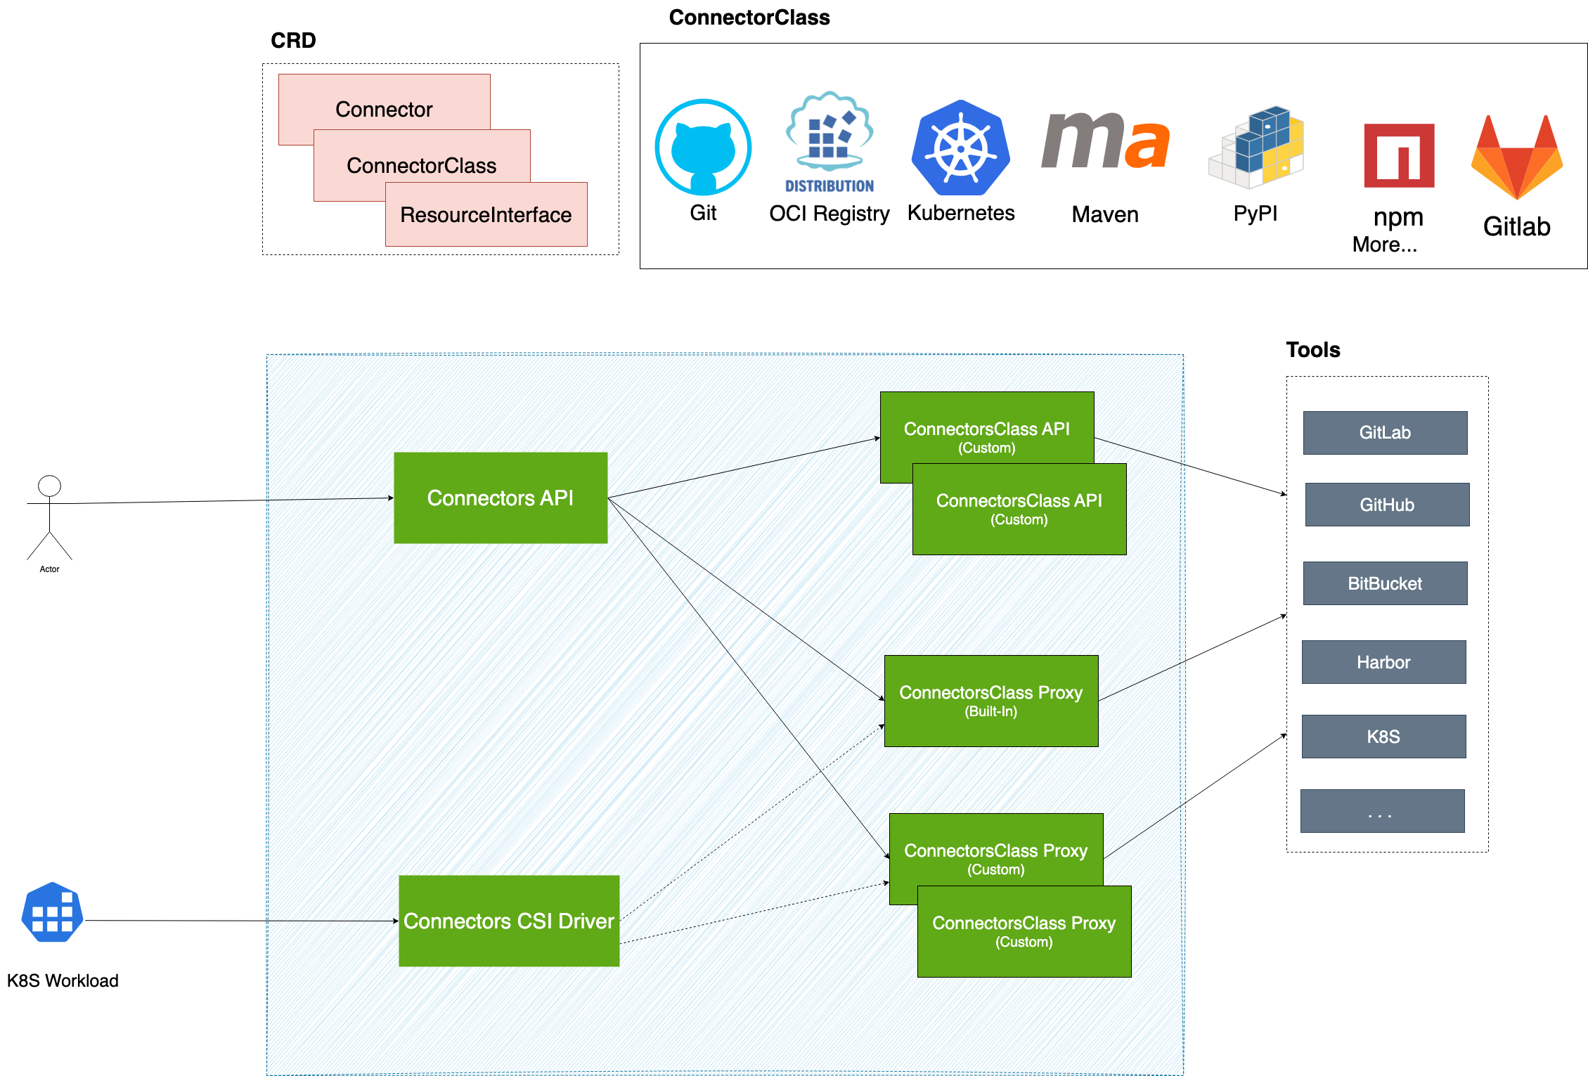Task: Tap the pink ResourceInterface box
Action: pos(486,214)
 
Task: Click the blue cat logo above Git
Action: pos(703,147)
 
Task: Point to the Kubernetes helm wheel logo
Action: pos(960,148)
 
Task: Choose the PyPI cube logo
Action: pos(1256,148)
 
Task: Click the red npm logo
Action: pos(1399,155)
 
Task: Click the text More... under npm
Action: pos(1384,245)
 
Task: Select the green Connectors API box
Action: pos(501,498)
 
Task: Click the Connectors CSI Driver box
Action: pos(509,921)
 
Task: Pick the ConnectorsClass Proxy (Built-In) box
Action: pos(991,701)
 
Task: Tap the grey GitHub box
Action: pos(1387,505)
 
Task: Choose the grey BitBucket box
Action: pos(1385,583)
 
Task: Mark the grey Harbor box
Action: pos(1383,662)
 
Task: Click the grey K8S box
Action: pos(1383,737)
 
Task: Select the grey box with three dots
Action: pos(1382,811)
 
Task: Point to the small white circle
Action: pos(49,486)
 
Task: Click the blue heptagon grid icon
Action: pos(53,912)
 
